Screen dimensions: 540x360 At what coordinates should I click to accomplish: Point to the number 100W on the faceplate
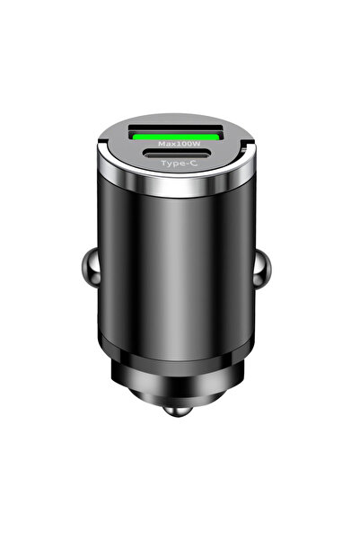[x=187, y=143]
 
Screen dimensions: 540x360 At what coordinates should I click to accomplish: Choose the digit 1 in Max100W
[x=178, y=143]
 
